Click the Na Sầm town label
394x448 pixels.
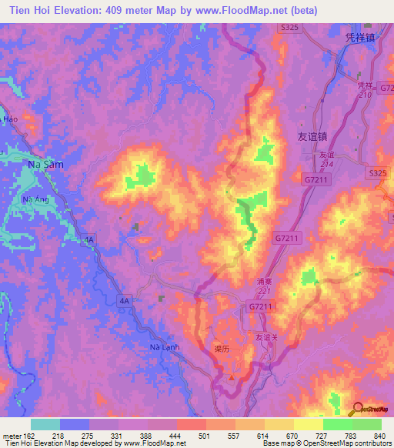pos(45,165)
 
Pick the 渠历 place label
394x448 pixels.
pos(223,348)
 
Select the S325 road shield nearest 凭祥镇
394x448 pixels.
pos(289,28)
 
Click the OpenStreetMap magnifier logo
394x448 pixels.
pos(359,410)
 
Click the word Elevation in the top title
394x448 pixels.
pos(78,9)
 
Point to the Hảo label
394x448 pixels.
pos(10,119)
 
